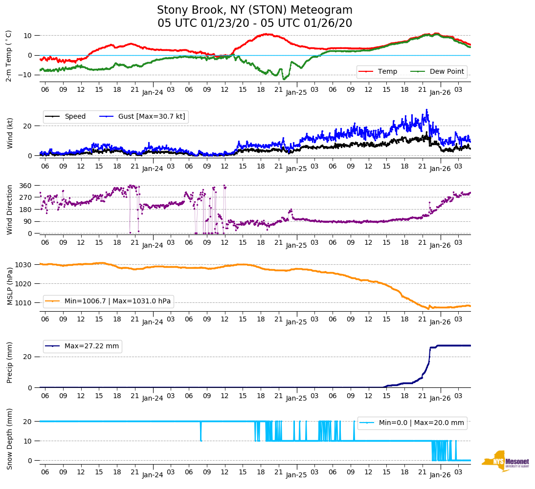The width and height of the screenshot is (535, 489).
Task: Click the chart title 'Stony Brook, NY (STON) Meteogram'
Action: click(x=254, y=10)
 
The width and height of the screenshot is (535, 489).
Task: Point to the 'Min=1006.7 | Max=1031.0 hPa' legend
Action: click(x=117, y=301)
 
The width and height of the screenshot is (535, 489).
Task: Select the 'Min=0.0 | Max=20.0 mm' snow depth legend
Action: click(x=421, y=423)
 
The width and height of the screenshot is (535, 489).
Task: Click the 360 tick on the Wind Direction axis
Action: click(x=26, y=186)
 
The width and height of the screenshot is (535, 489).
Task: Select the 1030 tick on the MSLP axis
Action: click(x=24, y=265)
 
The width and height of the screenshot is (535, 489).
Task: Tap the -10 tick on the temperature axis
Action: click(x=25, y=75)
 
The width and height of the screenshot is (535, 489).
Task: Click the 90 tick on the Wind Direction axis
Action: click(x=28, y=222)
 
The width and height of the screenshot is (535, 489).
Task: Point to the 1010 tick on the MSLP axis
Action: click(x=24, y=303)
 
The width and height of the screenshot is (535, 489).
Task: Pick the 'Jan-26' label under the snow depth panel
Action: click(x=440, y=475)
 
